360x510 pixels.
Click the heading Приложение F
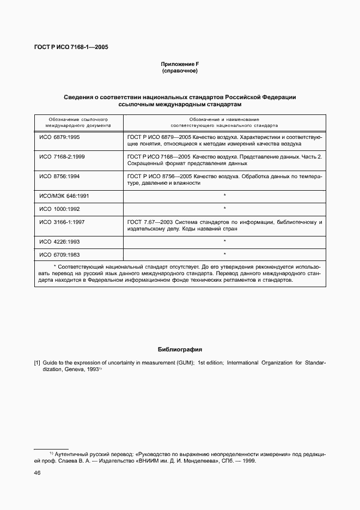pyautogui.click(x=179, y=64)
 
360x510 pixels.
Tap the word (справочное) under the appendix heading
pyautogui.click(x=179, y=71)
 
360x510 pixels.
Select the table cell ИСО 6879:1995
pyautogui.click(x=59, y=137)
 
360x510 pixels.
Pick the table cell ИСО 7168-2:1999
pyautogui.click(x=62, y=156)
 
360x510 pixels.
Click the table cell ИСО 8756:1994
pyautogui.click(x=59, y=177)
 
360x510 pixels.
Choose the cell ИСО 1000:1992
pyautogui.click(x=59, y=208)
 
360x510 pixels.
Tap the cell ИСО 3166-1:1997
pyautogui.click(x=62, y=222)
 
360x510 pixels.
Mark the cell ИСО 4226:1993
pyautogui.click(x=59, y=241)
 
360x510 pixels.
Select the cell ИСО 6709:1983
pyautogui.click(x=59, y=254)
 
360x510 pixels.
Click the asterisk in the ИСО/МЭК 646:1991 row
pyautogui.click(x=224, y=195)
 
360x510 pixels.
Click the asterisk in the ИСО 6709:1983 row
pyautogui.click(x=224, y=254)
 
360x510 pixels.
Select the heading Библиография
pyautogui.click(x=180, y=349)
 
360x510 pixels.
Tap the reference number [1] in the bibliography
pyautogui.click(x=37, y=362)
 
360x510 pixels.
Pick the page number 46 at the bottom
pyautogui.click(x=38, y=473)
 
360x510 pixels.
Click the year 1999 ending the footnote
pyautogui.click(x=248, y=460)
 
